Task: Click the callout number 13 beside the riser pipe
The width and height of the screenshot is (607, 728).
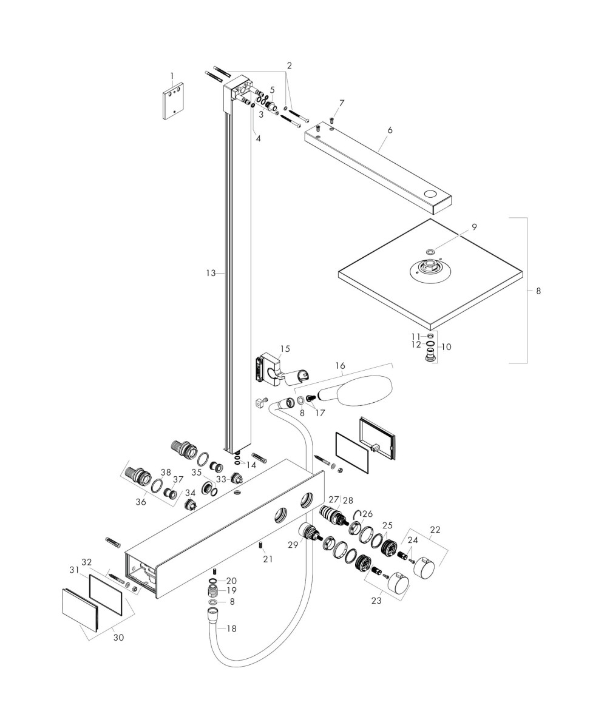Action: [x=211, y=274]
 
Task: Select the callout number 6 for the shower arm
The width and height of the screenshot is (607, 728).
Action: [x=390, y=130]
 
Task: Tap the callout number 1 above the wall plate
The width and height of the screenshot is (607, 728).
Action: [x=172, y=76]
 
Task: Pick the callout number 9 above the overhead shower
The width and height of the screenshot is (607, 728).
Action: [x=474, y=227]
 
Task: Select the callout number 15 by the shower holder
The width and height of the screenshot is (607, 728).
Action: [x=285, y=349]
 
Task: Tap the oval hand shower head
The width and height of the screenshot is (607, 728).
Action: [x=365, y=390]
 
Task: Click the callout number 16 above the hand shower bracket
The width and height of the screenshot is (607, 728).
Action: [x=340, y=366]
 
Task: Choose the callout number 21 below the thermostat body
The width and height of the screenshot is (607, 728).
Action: [x=268, y=559]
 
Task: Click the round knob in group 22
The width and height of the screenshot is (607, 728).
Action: [x=424, y=570]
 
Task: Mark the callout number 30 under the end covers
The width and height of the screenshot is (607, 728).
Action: [x=118, y=638]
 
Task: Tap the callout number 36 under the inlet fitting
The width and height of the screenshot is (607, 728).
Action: [x=141, y=502]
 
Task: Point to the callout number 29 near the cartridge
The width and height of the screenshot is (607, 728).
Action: [x=293, y=544]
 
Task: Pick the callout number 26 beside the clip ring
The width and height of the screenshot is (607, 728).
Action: [x=367, y=514]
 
